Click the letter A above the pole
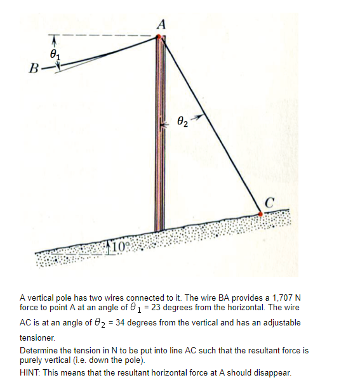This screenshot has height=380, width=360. pos(161,25)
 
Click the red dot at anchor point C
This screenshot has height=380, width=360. pos(260,214)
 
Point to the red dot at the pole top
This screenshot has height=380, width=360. pos(159,37)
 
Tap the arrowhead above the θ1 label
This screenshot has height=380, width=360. pos(55,40)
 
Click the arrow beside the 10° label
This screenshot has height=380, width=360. pos(110,244)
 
